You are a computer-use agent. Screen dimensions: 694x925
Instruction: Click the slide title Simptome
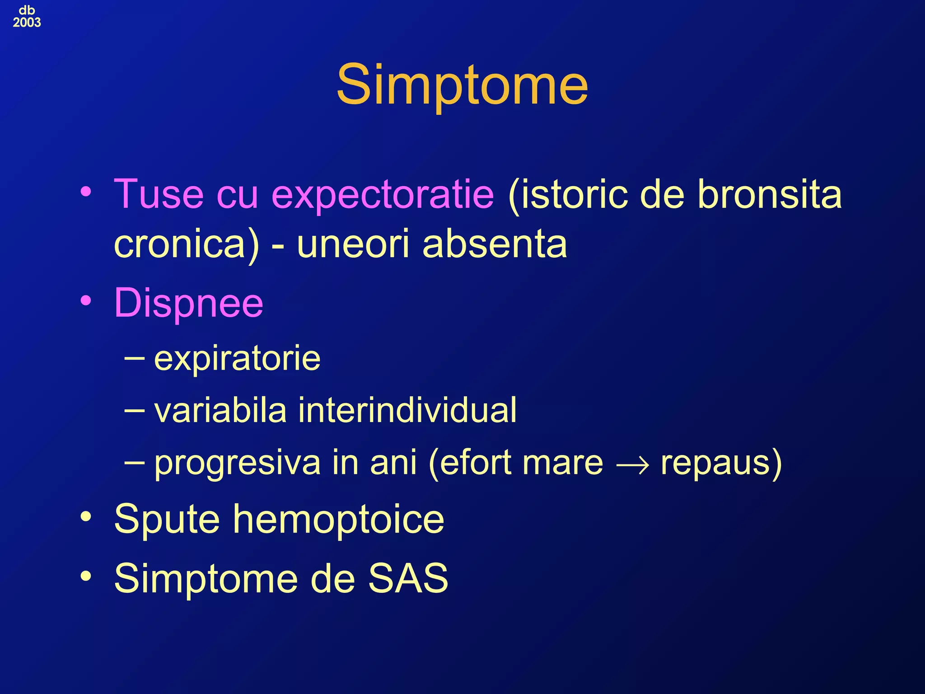462,85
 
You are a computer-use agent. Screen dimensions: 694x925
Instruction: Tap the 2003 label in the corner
27,22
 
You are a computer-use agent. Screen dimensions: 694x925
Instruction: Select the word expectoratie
383,195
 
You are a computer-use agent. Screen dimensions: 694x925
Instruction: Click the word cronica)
187,244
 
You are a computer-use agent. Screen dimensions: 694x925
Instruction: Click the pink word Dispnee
188,303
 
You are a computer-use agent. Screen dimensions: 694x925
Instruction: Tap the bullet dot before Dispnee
86,300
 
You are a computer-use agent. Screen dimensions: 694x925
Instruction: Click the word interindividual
407,410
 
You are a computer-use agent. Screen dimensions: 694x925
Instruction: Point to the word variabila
220,410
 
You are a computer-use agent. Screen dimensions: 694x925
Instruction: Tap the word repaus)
721,463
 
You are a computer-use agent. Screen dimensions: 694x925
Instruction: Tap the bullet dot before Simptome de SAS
86,576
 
